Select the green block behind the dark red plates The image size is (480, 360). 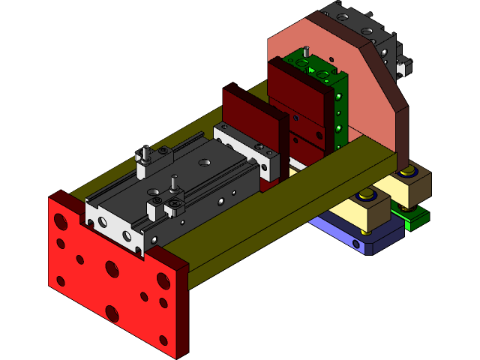pyautogui.click(x=337, y=112)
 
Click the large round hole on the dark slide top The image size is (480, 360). pyautogui.click(x=205, y=161)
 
